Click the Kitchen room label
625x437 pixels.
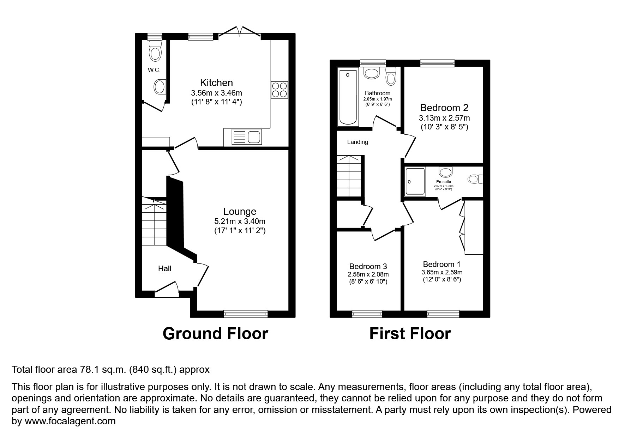pyautogui.click(x=216, y=83)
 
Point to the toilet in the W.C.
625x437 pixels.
pyautogui.click(x=155, y=51)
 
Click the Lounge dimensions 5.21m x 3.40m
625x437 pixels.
pyautogui.click(x=240, y=221)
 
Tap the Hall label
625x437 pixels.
pyautogui.click(x=164, y=269)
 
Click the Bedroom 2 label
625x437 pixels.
pyautogui.click(x=444, y=108)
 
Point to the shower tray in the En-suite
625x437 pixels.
pyautogui.click(x=415, y=181)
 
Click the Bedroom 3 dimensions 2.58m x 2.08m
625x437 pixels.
pyautogui.click(x=368, y=274)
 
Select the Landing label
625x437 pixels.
pyautogui.click(x=357, y=142)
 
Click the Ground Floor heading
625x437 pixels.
pyautogui.click(x=215, y=334)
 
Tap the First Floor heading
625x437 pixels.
pyautogui.click(x=410, y=334)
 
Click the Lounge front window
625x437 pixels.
pyautogui.click(x=246, y=313)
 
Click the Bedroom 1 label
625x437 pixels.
pyautogui.click(x=441, y=264)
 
